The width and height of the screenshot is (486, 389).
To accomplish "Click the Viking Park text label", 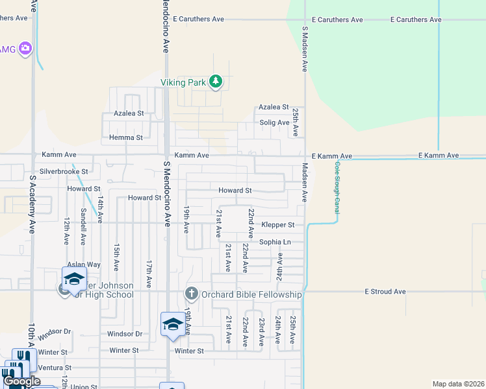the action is coord(183,82).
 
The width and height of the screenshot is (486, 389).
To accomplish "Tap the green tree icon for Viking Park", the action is coord(216,82).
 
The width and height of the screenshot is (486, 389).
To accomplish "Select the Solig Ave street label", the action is coord(274,123).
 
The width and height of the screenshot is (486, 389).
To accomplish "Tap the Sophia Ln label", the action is coord(275,242).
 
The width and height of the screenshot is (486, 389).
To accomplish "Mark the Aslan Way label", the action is coord(84,265).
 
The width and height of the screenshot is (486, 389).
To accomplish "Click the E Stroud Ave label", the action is coord(385,292).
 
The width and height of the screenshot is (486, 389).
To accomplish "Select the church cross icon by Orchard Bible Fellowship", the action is coord(191,294).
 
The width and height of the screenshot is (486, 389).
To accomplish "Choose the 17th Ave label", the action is coord(149,274).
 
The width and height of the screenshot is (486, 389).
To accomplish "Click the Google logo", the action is coord(22,381).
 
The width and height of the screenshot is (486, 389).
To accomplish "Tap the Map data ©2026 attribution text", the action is coord(457,384).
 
